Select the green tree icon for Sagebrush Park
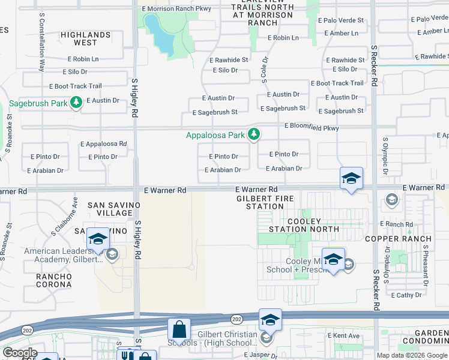click(76, 103)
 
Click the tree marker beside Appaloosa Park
click(254, 134)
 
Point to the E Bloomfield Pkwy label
click(312, 128)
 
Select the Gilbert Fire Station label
click(260, 202)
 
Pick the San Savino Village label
click(110, 209)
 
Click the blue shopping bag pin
click(179, 330)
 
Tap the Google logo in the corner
click(20, 353)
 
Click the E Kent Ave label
click(343, 335)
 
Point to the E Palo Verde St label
click(340, 20)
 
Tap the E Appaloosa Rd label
click(103, 144)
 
